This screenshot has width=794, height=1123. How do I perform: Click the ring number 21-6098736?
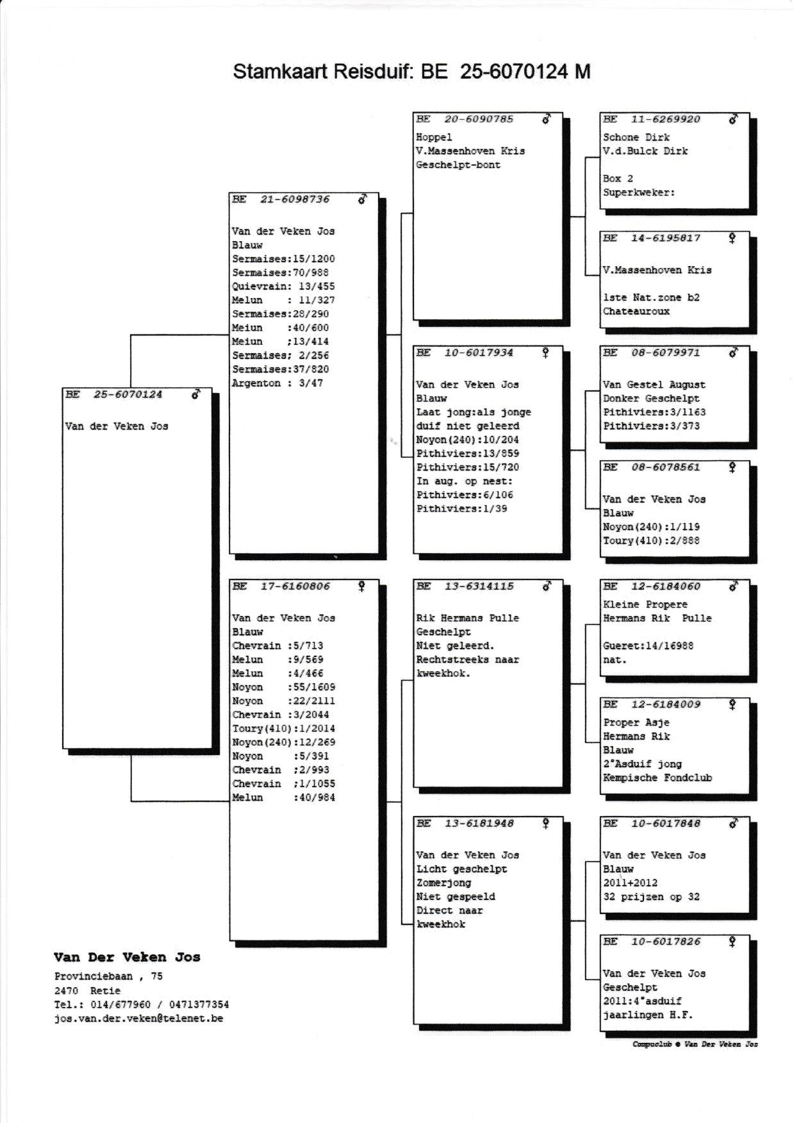tap(295, 199)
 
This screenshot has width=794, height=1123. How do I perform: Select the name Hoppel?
tap(434, 137)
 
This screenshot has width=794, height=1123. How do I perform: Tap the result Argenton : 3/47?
tap(277, 383)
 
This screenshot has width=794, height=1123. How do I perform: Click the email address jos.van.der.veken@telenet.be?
tap(138, 1018)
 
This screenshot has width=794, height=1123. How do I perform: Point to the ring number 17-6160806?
tap(295, 586)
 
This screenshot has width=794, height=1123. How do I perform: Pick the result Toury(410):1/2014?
tap(283, 729)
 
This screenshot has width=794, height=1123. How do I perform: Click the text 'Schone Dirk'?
tap(636, 137)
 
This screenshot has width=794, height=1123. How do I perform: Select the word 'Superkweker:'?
tap(638, 192)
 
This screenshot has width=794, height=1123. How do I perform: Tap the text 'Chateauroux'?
tap(636, 312)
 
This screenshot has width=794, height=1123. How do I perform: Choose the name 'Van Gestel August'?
tap(654, 385)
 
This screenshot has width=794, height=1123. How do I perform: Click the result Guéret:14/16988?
tap(648, 646)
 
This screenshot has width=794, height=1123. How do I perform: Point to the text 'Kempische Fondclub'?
tap(657, 778)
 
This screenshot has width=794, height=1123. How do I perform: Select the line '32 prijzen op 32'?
tap(651, 897)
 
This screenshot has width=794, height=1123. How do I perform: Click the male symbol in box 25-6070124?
tap(196, 395)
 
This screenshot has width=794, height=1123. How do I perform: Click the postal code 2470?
tap(66, 990)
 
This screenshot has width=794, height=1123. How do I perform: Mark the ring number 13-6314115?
tap(479, 586)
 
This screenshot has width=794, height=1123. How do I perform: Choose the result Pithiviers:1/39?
tap(461, 509)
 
